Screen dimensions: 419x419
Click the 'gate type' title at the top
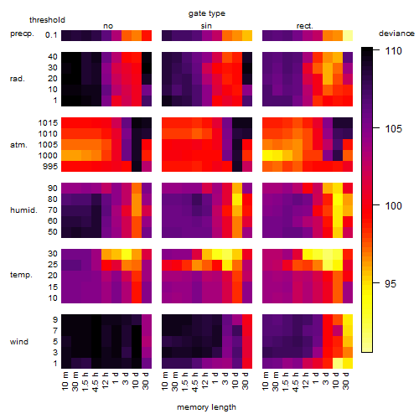click(207, 13)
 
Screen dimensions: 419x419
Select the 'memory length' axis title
click(206, 407)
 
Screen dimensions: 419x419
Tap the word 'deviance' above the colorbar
click(396, 34)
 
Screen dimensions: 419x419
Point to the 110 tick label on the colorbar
click(393, 51)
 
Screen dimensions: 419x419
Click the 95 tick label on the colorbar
click(391, 284)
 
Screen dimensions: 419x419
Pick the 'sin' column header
click(206, 26)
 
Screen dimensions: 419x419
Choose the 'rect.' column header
click(304, 26)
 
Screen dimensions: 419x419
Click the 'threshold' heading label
click(47, 20)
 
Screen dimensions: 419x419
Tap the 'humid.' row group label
click(23, 210)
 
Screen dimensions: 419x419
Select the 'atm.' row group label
click(18, 145)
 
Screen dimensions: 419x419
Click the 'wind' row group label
click(19, 342)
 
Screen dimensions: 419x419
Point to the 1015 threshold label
click(48, 123)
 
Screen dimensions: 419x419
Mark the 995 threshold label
click(50, 167)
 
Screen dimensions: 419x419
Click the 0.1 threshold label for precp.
click(51, 35)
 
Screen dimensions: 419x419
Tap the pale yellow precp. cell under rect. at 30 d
click(348, 35)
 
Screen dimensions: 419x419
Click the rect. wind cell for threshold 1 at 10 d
click(338, 363)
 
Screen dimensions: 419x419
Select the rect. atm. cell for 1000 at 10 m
click(267, 155)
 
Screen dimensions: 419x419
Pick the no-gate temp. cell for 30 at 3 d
click(127, 254)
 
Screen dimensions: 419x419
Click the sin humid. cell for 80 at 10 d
click(237, 199)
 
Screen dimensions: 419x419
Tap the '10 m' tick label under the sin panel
click(165, 381)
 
